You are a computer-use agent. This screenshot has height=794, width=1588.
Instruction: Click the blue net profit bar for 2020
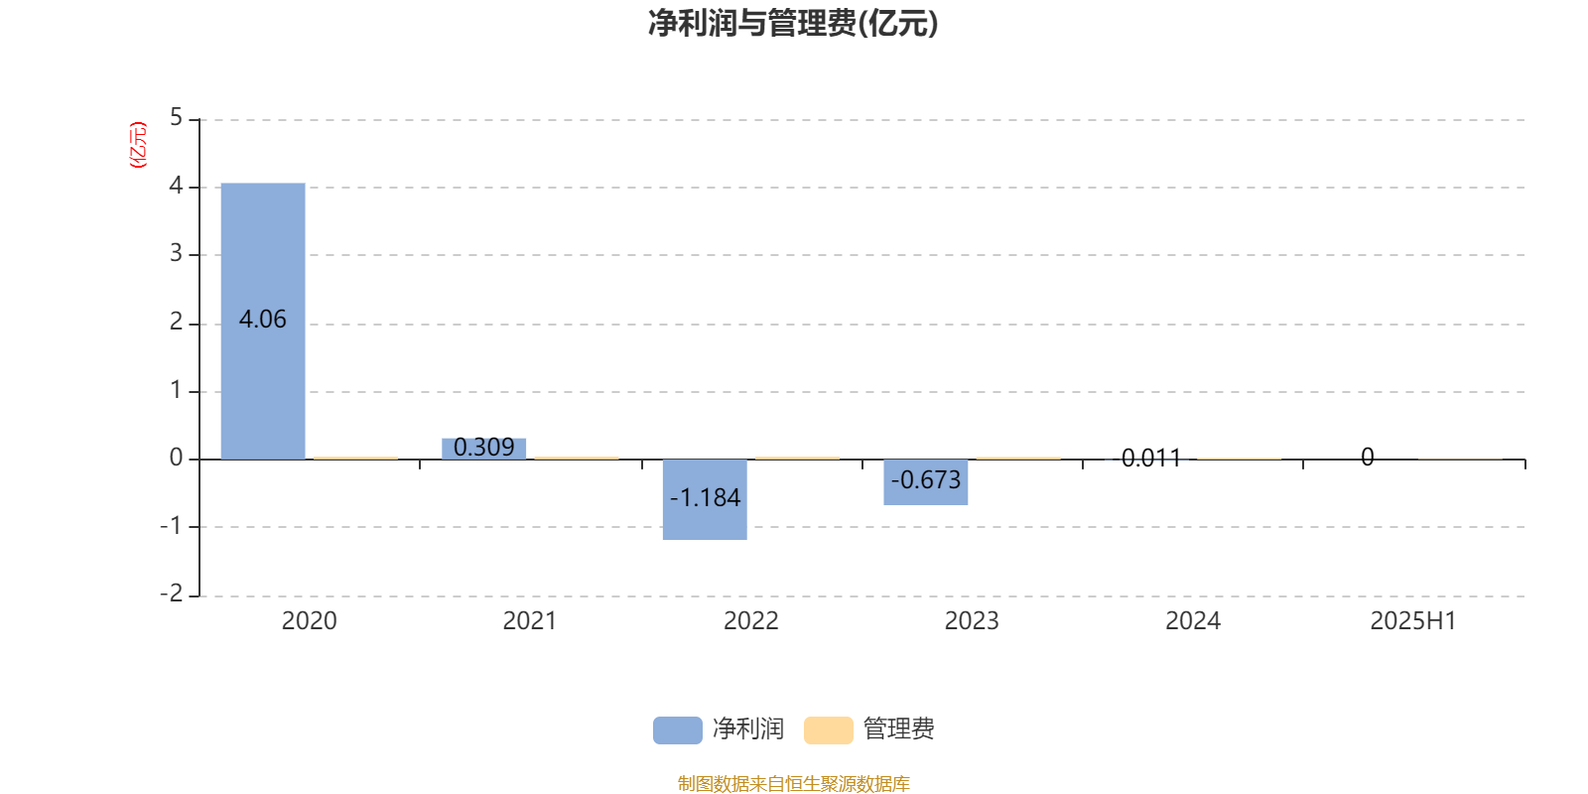coord(263,322)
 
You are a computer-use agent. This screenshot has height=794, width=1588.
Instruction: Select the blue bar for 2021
coord(484,449)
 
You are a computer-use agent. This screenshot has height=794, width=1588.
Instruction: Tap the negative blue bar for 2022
coord(705,500)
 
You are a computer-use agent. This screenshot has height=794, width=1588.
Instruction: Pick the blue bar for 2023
coord(926,482)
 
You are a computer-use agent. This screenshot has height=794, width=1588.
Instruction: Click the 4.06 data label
coord(262,320)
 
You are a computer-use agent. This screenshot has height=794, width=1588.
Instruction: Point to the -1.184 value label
coord(705,497)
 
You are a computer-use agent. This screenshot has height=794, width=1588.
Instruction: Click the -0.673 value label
coord(926,480)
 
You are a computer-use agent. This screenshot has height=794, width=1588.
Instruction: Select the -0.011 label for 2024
coord(1146,458)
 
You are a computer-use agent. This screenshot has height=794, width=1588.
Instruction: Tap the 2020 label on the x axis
coord(309,621)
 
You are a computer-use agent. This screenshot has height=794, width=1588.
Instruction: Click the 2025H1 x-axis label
coord(1413,621)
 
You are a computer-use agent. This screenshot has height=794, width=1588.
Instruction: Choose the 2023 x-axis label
coord(972,621)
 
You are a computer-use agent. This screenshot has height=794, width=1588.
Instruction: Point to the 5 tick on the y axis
coord(176,117)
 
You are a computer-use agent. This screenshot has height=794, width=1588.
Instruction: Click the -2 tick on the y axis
coord(172,594)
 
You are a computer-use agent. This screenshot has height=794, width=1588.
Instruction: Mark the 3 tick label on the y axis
coord(176,253)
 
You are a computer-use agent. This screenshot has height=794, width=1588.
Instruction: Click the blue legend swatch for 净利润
coord(678,730)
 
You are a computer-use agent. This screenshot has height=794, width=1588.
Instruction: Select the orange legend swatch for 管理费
coord(828,730)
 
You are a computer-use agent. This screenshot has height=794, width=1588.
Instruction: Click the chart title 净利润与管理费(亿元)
coord(793,24)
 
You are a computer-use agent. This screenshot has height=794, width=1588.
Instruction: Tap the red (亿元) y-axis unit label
coord(138,145)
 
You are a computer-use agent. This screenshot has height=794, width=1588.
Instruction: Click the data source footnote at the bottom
coord(793,783)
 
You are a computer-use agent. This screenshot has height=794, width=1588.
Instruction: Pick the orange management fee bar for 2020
coord(356,458)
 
